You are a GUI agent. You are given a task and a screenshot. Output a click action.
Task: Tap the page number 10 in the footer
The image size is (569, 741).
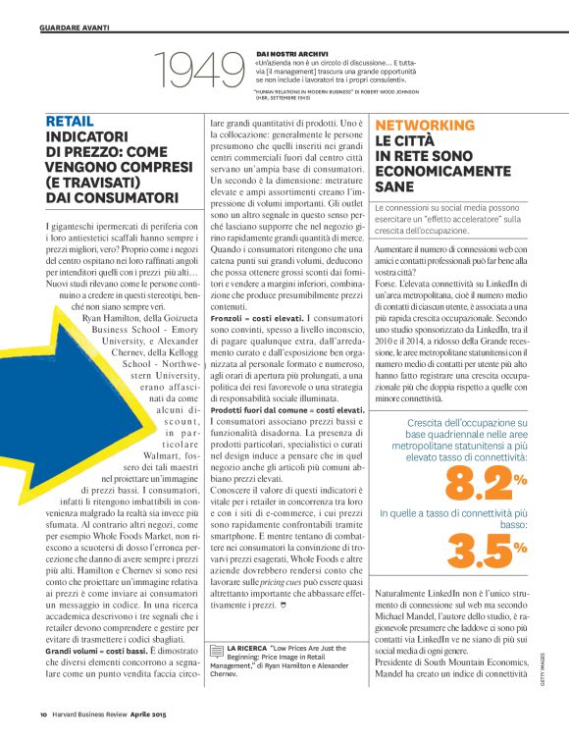point(44,714)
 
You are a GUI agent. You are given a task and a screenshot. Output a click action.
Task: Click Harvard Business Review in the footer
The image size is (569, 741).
point(96,714)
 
